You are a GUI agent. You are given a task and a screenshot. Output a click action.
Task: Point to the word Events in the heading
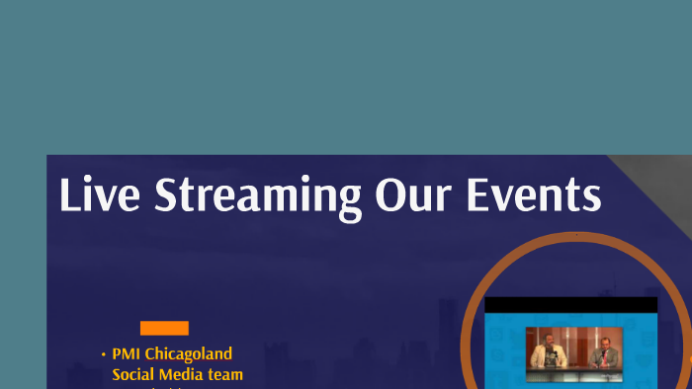click(538, 194)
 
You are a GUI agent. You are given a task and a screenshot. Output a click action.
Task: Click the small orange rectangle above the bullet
click(164, 329)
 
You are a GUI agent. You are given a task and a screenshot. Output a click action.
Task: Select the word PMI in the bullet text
click(127, 353)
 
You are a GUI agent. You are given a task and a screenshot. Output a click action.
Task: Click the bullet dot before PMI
click(103, 354)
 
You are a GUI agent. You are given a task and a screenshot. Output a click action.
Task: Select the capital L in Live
click(68, 194)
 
